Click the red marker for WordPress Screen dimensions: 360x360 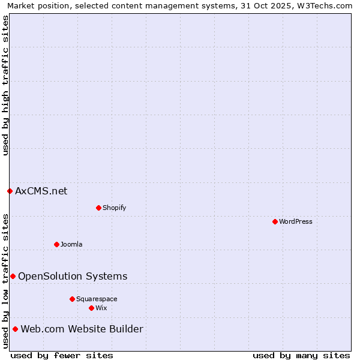(275, 221)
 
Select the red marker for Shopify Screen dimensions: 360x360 (98, 208)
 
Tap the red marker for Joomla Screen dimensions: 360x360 (56, 244)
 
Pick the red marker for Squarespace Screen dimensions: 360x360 (72, 299)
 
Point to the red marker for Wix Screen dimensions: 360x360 (91, 308)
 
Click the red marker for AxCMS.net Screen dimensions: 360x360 (10, 191)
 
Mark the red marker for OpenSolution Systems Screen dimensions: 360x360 (13, 276)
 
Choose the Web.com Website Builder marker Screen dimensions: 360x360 (15, 329)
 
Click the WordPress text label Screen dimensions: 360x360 (296, 221)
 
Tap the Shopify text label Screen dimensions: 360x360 (114, 208)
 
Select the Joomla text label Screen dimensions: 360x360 (71, 244)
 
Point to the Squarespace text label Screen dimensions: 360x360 (97, 299)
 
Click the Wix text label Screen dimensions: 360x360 (101, 308)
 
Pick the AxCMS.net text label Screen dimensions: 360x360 (41, 191)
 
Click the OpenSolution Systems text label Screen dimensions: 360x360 (73, 277)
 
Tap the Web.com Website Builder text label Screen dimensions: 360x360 (82, 329)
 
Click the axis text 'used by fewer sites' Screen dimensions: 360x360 (62, 355)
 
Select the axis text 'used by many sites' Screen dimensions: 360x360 (301, 355)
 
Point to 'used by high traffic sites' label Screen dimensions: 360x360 (5, 85)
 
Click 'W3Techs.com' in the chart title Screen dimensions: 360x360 (325, 5)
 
